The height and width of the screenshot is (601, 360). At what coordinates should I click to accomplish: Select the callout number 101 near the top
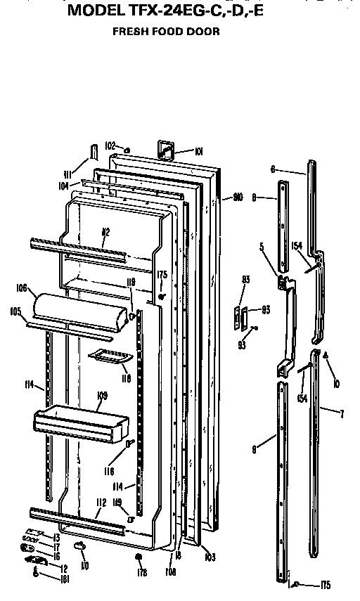click(199, 150)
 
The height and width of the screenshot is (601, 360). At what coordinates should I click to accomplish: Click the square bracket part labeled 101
click(166, 148)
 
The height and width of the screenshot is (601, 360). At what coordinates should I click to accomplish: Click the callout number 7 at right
click(342, 414)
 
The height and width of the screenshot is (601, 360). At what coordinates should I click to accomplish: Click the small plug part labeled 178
click(139, 557)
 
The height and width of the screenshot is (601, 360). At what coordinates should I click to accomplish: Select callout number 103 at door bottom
click(209, 557)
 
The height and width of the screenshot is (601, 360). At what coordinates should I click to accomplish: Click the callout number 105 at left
click(14, 310)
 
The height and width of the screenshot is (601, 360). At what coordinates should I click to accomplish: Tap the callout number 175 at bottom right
click(324, 586)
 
